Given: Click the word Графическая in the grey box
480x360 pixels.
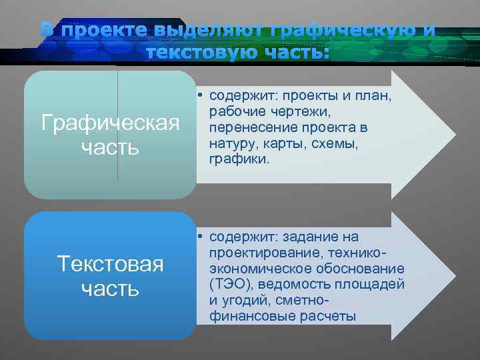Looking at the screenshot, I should pos(110,123).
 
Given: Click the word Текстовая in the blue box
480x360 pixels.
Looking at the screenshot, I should pos(110,264).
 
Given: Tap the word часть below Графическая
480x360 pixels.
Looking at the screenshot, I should pos(110,147).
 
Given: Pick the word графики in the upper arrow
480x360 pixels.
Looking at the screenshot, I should pos(234,160).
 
